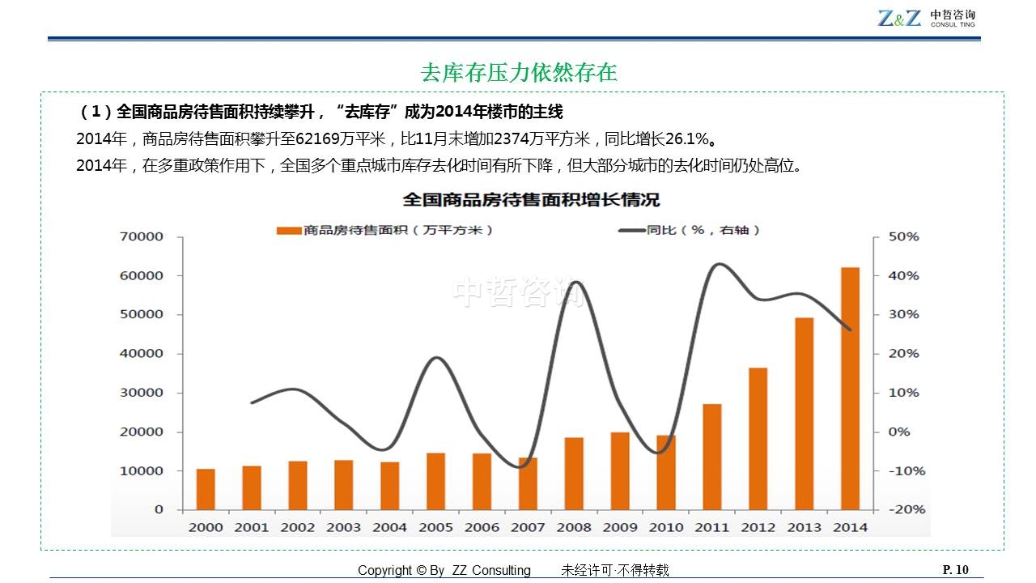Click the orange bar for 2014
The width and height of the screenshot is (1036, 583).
850,389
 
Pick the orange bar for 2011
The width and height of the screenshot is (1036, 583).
712,457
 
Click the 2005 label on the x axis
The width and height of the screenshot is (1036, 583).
435,527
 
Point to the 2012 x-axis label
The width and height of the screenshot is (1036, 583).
758,527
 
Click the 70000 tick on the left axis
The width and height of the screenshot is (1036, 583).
142,236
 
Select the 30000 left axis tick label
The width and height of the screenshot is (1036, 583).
142,393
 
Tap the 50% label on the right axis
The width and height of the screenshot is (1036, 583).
903,236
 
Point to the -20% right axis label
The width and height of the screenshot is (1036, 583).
903,509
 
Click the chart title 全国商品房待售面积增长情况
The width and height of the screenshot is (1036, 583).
532,199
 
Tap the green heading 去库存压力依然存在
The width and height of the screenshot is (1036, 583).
519,73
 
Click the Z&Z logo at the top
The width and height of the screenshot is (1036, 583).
899,17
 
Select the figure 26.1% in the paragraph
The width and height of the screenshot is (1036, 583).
690,138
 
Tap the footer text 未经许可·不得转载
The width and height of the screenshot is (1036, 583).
615,571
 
